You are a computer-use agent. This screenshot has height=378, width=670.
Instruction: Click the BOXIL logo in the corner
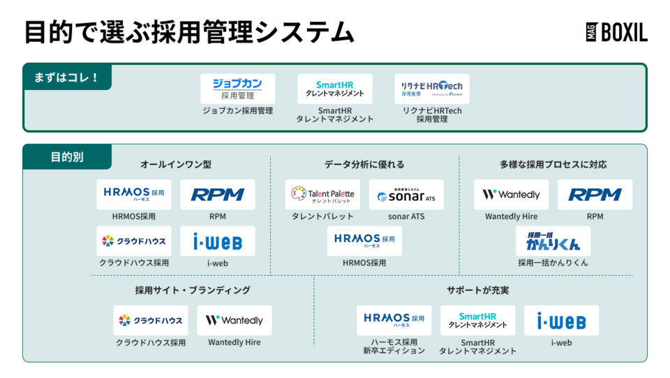(x=616, y=32)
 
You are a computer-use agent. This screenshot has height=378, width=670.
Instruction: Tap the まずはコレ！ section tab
(x=67, y=77)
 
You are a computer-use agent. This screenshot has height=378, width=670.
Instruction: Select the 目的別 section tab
(x=67, y=157)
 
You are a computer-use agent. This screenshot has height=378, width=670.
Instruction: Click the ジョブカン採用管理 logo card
(x=237, y=89)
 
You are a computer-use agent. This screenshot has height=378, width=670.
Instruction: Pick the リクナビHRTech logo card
(x=431, y=89)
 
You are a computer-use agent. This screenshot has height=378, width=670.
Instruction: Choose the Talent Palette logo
(x=322, y=194)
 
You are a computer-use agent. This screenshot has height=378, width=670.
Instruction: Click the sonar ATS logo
(x=406, y=194)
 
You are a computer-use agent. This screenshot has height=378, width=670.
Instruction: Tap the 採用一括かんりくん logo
(x=553, y=241)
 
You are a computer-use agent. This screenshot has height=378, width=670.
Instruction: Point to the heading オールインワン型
(x=175, y=165)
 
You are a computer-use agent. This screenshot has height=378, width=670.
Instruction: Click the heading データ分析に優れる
(x=364, y=165)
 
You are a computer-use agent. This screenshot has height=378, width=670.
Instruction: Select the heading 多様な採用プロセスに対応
(x=553, y=165)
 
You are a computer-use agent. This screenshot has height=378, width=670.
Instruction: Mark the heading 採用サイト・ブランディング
(x=193, y=290)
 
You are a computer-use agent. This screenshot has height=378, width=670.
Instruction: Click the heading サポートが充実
(x=478, y=290)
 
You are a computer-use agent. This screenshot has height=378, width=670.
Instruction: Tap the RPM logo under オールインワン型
(x=218, y=194)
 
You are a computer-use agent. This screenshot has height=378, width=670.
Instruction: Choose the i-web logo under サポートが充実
(x=561, y=321)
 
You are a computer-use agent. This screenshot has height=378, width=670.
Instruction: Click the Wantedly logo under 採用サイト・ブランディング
(x=234, y=321)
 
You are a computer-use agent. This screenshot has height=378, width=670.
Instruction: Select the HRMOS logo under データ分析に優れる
(x=364, y=241)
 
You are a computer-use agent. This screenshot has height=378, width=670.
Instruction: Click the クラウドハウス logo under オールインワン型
(x=133, y=241)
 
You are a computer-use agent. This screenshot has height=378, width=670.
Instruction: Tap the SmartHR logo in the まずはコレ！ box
(x=335, y=89)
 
